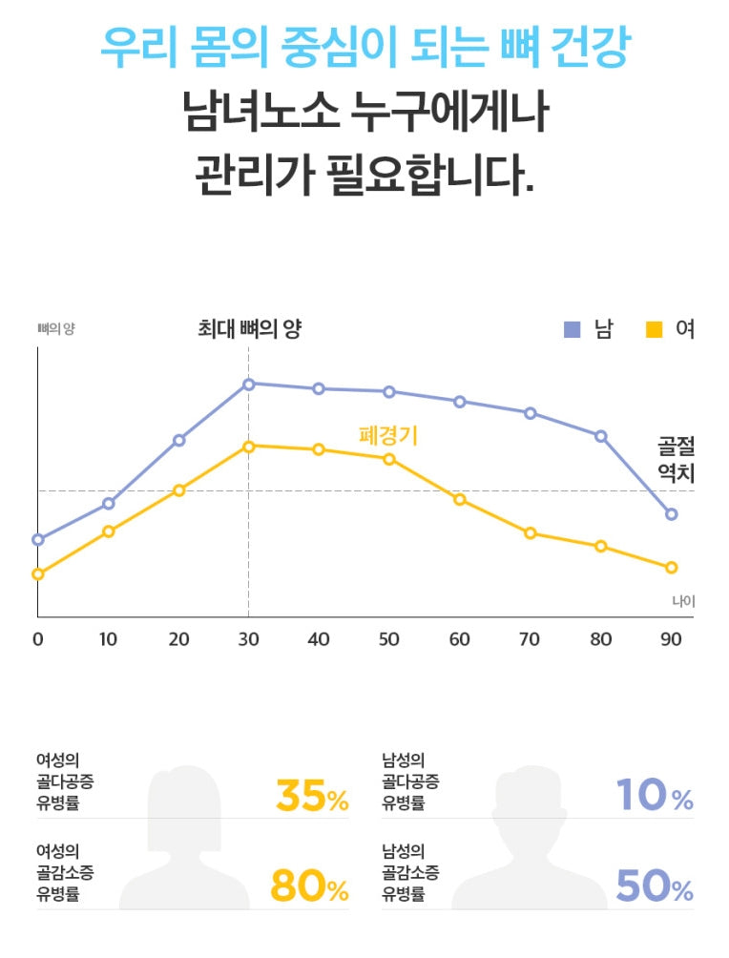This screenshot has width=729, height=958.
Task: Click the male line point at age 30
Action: [248, 385]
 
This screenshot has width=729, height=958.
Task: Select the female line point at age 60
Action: [460, 500]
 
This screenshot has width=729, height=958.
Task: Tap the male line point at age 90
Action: [672, 514]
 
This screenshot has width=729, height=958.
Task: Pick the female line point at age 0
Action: [38, 574]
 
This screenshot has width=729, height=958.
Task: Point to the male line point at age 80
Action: [601, 436]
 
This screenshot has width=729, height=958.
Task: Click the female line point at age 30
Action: [248, 447]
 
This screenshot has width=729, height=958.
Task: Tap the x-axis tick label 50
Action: [389, 639]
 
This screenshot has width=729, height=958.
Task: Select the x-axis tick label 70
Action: [530, 639]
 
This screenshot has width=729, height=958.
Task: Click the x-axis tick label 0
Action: [38, 639]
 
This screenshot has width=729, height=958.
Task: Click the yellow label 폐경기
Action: [388, 436]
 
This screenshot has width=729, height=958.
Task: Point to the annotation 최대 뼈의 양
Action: [249, 330]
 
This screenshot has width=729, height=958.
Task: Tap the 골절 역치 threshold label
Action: [676, 459]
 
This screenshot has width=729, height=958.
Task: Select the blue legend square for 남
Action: [573, 330]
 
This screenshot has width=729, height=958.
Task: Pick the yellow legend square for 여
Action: [654, 330]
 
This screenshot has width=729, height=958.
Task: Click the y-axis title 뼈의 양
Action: [55, 329]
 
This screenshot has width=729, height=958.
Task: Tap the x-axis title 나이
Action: [683, 601]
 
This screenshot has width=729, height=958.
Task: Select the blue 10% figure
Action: [655, 796]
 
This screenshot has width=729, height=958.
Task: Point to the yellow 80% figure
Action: [310, 887]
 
